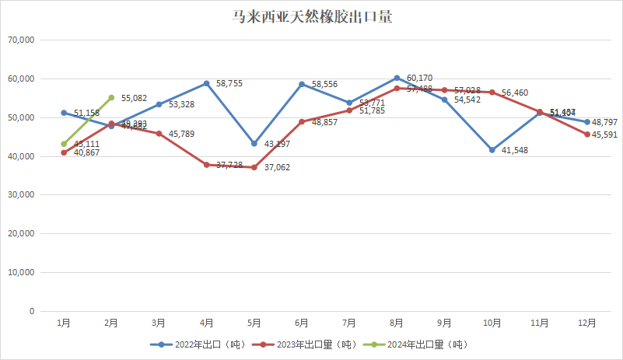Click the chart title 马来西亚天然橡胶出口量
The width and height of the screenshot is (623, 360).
pyautogui.click(x=311, y=17)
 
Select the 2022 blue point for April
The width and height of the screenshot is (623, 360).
pyautogui.click(x=207, y=83)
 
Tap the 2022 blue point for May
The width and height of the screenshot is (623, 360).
pyautogui.click(x=254, y=144)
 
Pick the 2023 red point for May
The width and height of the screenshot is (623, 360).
pyautogui.click(x=254, y=167)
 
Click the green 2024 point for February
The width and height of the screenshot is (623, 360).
pyautogui.click(x=111, y=98)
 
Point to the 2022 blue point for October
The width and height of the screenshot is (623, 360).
pyautogui.click(x=492, y=150)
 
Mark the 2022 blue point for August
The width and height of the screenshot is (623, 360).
pyautogui.click(x=397, y=78)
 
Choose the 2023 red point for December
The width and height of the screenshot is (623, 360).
pyautogui.click(x=587, y=135)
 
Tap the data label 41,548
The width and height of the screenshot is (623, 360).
pyautogui.click(x=516, y=150)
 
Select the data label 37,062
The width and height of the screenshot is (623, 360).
pyautogui.click(x=278, y=167)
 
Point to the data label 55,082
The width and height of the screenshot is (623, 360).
pyautogui.click(x=135, y=98)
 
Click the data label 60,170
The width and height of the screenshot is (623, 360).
pyautogui.click(x=420, y=78)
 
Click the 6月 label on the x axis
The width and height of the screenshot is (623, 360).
pyautogui.click(x=302, y=323)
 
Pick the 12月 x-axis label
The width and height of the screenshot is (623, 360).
pyautogui.click(x=587, y=323)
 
